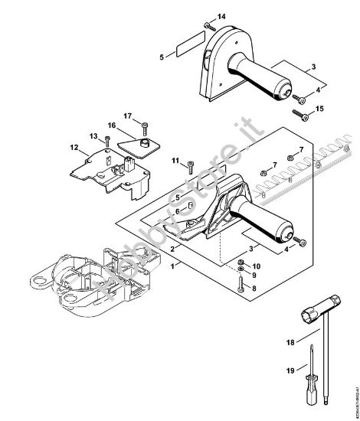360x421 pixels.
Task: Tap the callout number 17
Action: click(x=128, y=116)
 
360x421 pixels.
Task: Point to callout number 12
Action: click(x=74, y=148)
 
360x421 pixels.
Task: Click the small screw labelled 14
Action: click(x=208, y=28)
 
